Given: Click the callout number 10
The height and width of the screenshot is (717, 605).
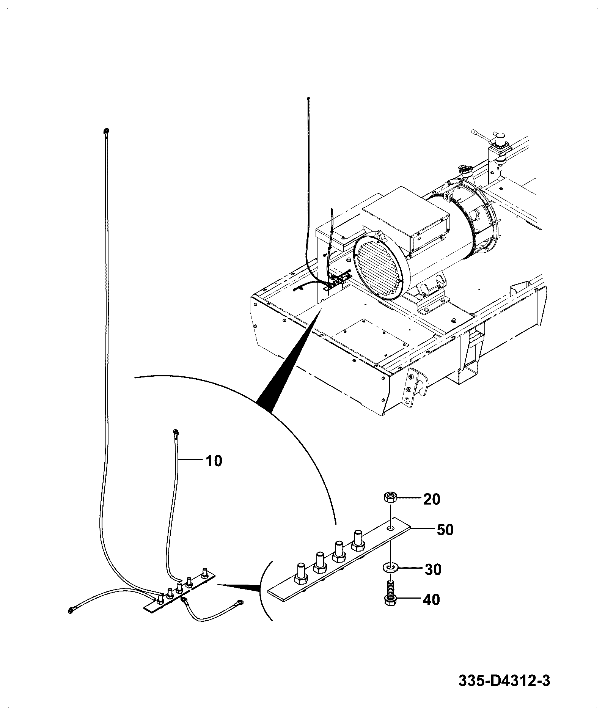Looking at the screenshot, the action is click(x=214, y=461).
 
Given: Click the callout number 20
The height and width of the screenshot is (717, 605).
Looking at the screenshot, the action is click(x=432, y=499).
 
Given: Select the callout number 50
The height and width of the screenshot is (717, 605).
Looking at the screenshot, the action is click(x=445, y=530).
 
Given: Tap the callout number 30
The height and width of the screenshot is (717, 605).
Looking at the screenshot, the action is click(x=432, y=569).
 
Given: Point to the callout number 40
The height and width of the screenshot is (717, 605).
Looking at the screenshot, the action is click(x=431, y=600).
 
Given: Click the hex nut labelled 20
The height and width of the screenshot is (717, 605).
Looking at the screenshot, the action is click(x=390, y=497).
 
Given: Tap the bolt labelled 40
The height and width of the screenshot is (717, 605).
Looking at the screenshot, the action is click(x=390, y=593).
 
